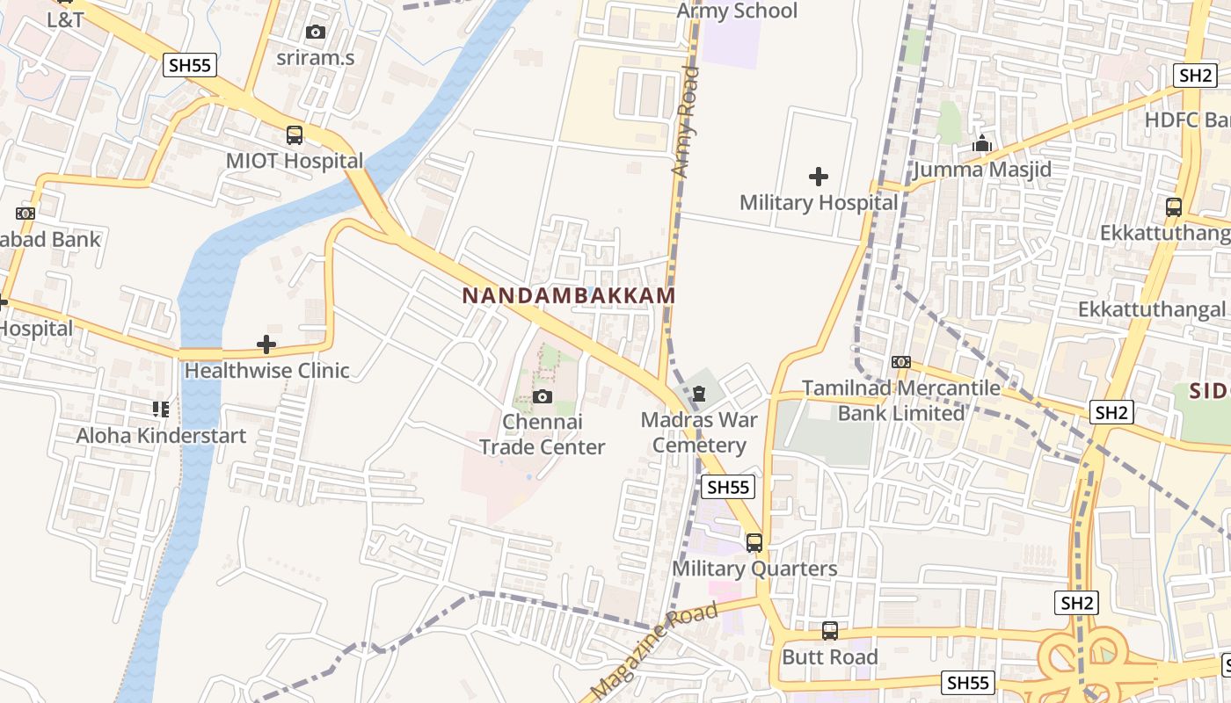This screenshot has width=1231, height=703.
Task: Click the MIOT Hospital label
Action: pyautogui.click(x=295, y=162)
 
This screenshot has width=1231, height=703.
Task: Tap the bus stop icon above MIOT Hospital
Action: pyautogui.click(x=295, y=135)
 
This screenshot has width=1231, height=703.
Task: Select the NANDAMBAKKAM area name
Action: pyautogui.click(x=569, y=295)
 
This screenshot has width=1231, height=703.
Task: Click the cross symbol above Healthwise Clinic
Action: pyautogui.click(x=266, y=344)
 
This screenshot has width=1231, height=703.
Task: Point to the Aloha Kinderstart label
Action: pyautogui.click(x=161, y=435)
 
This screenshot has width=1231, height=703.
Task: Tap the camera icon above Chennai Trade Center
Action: pyautogui.click(x=543, y=397)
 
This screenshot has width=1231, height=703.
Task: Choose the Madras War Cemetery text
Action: pyautogui.click(x=699, y=431)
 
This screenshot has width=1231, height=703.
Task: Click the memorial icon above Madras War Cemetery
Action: pyautogui.click(x=699, y=394)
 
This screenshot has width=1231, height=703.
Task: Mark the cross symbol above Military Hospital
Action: pyautogui.click(x=819, y=177)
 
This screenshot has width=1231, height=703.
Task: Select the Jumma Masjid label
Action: pyautogui.click(x=982, y=169)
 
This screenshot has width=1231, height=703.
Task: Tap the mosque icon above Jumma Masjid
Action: pyautogui.click(x=982, y=143)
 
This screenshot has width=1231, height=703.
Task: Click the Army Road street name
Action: pyautogui.click(x=685, y=123)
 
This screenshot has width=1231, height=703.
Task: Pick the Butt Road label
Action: pyautogui.click(x=830, y=657)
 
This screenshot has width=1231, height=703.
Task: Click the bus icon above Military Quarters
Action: pyautogui.click(x=754, y=543)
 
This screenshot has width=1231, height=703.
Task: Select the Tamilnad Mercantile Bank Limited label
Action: pyautogui.click(x=901, y=400)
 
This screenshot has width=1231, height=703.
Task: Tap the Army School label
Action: pyautogui.click(x=737, y=11)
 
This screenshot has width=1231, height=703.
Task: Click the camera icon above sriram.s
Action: pyautogui.click(x=315, y=33)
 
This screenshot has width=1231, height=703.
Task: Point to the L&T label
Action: pyautogui.click(x=66, y=19)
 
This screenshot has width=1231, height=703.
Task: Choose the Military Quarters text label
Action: pyautogui.click(x=754, y=569)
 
